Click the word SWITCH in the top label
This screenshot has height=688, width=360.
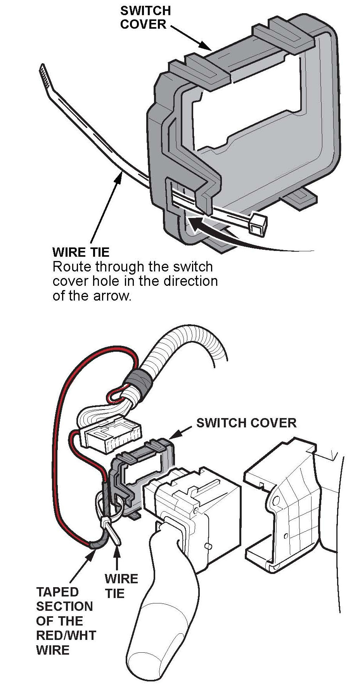click(145, 10)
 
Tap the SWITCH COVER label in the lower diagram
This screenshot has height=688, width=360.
click(246, 422)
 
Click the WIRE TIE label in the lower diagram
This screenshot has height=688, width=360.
click(121, 586)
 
